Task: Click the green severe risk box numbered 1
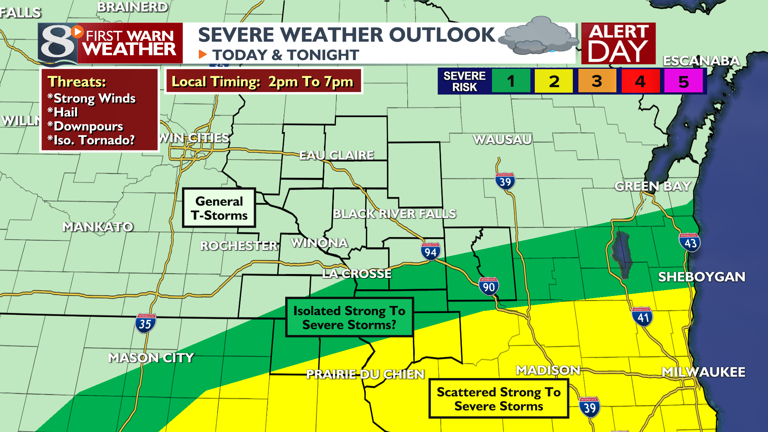point(511,81)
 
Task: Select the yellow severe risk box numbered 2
point(554,81)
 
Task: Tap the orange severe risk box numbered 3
point(597,81)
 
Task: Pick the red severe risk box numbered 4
point(640,81)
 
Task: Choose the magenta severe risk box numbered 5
point(683,81)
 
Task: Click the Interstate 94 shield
point(430,252)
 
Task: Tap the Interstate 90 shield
point(488,286)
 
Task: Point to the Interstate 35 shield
point(145,324)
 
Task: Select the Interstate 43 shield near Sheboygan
point(690,242)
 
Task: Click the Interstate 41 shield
point(642,317)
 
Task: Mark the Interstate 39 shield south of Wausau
point(505,181)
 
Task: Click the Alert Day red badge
point(618,43)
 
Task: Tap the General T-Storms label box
point(219,208)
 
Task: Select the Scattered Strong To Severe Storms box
point(498,399)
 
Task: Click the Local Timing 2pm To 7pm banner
point(263,81)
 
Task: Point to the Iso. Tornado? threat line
point(91,140)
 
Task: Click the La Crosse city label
point(357,274)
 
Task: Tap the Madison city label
point(548,370)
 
